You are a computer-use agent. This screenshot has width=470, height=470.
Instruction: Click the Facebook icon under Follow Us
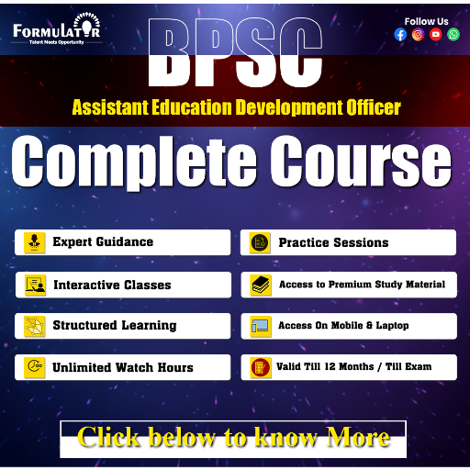(400, 35)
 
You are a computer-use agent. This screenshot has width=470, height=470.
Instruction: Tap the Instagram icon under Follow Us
(418, 35)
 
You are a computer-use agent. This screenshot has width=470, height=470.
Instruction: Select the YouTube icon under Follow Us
(435, 35)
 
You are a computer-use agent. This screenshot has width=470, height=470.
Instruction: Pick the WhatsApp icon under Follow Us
(453, 35)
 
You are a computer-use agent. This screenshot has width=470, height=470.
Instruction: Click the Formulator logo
(57, 31)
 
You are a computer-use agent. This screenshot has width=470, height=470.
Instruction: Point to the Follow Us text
(427, 20)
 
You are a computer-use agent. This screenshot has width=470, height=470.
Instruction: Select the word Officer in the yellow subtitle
(366, 107)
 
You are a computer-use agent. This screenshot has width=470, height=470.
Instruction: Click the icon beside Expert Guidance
(35, 242)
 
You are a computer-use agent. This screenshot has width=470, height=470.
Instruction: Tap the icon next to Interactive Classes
(35, 285)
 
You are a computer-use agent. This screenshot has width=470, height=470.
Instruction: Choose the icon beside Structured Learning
(35, 326)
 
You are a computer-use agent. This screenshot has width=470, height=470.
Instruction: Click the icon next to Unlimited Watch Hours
(35, 367)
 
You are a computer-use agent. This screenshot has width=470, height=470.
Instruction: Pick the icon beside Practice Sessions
(260, 242)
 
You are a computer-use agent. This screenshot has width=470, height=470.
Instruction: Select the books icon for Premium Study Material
(260, 285)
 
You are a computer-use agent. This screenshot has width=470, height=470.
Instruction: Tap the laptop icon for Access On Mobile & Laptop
(260, 326)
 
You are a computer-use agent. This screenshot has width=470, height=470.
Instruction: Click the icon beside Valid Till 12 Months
(260, 367)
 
